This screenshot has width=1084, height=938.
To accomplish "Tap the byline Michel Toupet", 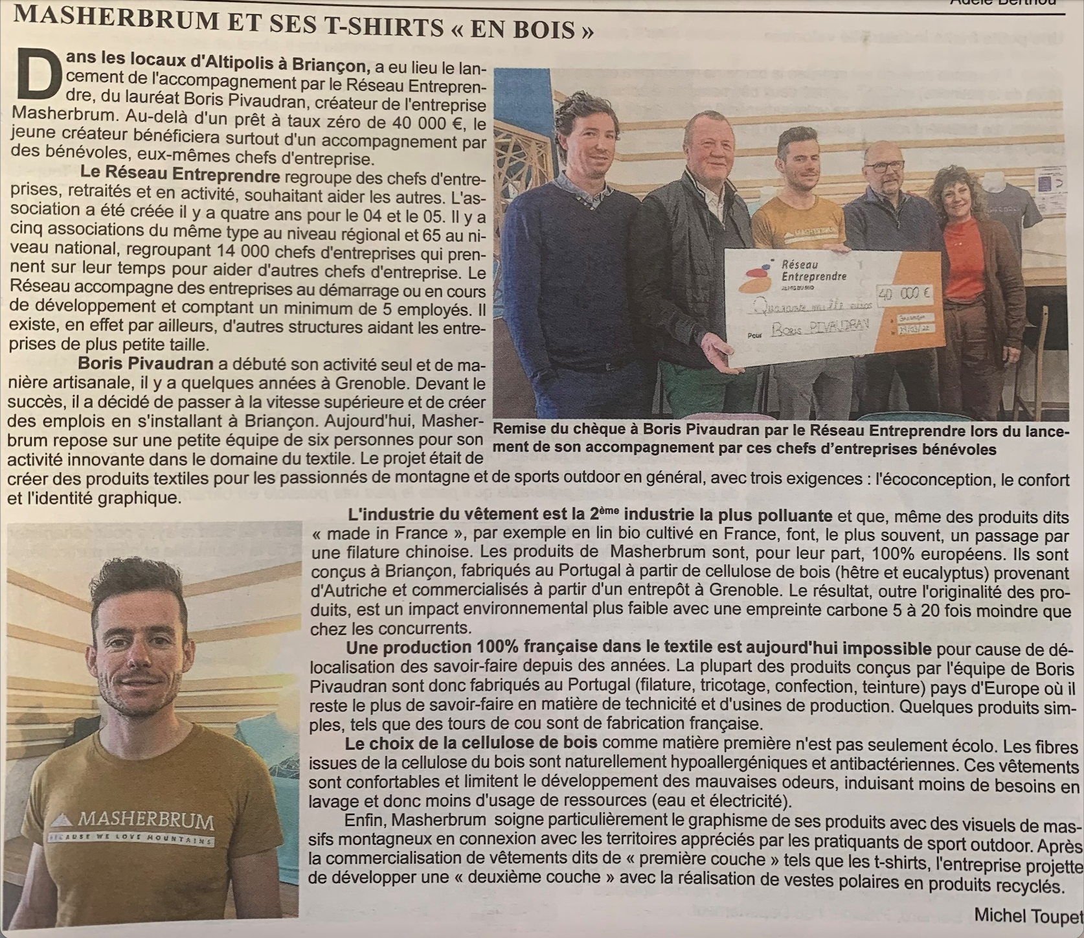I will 1026,915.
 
